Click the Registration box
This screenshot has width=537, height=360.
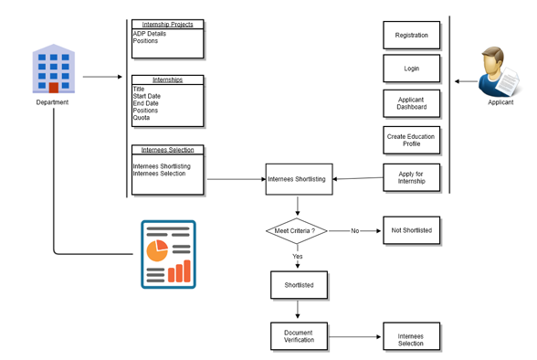point(411,35)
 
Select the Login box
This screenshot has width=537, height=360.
point(411,69)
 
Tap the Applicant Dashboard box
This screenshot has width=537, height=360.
point(411,103)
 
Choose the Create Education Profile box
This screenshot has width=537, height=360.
point(411,140)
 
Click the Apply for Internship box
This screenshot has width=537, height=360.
point(411,177)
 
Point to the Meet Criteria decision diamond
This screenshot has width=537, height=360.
point(297,231)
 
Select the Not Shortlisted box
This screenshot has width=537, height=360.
point(411,230)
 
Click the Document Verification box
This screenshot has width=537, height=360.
point(299,336)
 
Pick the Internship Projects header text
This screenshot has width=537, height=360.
point(167,25)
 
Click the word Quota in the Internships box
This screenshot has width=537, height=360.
point(142,118)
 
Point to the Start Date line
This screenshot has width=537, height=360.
point(147,96)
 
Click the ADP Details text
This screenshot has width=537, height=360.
point(150,34)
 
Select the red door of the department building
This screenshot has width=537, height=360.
point(53,88)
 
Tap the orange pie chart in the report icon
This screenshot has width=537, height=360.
point(157,250)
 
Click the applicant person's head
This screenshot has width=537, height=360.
point(493,58)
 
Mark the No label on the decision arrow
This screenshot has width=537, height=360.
point(354,231)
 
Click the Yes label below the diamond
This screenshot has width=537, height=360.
point(298,256)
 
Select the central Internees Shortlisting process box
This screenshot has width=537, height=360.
point(299,179)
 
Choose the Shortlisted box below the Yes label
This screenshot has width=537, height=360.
point(299,285)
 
